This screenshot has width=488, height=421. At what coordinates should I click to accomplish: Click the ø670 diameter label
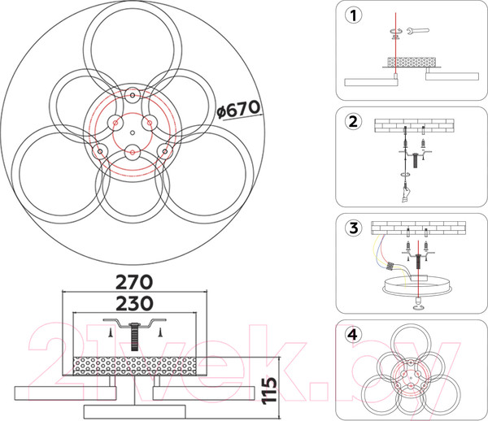[x=238, y=110]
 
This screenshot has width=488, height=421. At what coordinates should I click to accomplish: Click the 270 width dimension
[x=134, y=282]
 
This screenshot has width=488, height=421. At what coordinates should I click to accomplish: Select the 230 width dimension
[x=134, y=303]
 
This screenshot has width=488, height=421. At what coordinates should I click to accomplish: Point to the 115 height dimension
[x=269, y=391]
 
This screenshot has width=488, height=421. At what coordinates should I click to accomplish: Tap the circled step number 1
[x=354, y=15]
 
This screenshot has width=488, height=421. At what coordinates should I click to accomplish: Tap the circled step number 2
[x=354, y=122]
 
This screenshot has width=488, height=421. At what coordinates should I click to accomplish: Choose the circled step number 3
[x=354, y=228]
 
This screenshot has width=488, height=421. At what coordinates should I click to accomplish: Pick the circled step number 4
[x=354, y=335]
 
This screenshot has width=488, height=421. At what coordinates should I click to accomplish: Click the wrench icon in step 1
[x=418, y=31]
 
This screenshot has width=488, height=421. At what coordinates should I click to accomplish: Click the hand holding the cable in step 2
[x=405, y=194]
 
